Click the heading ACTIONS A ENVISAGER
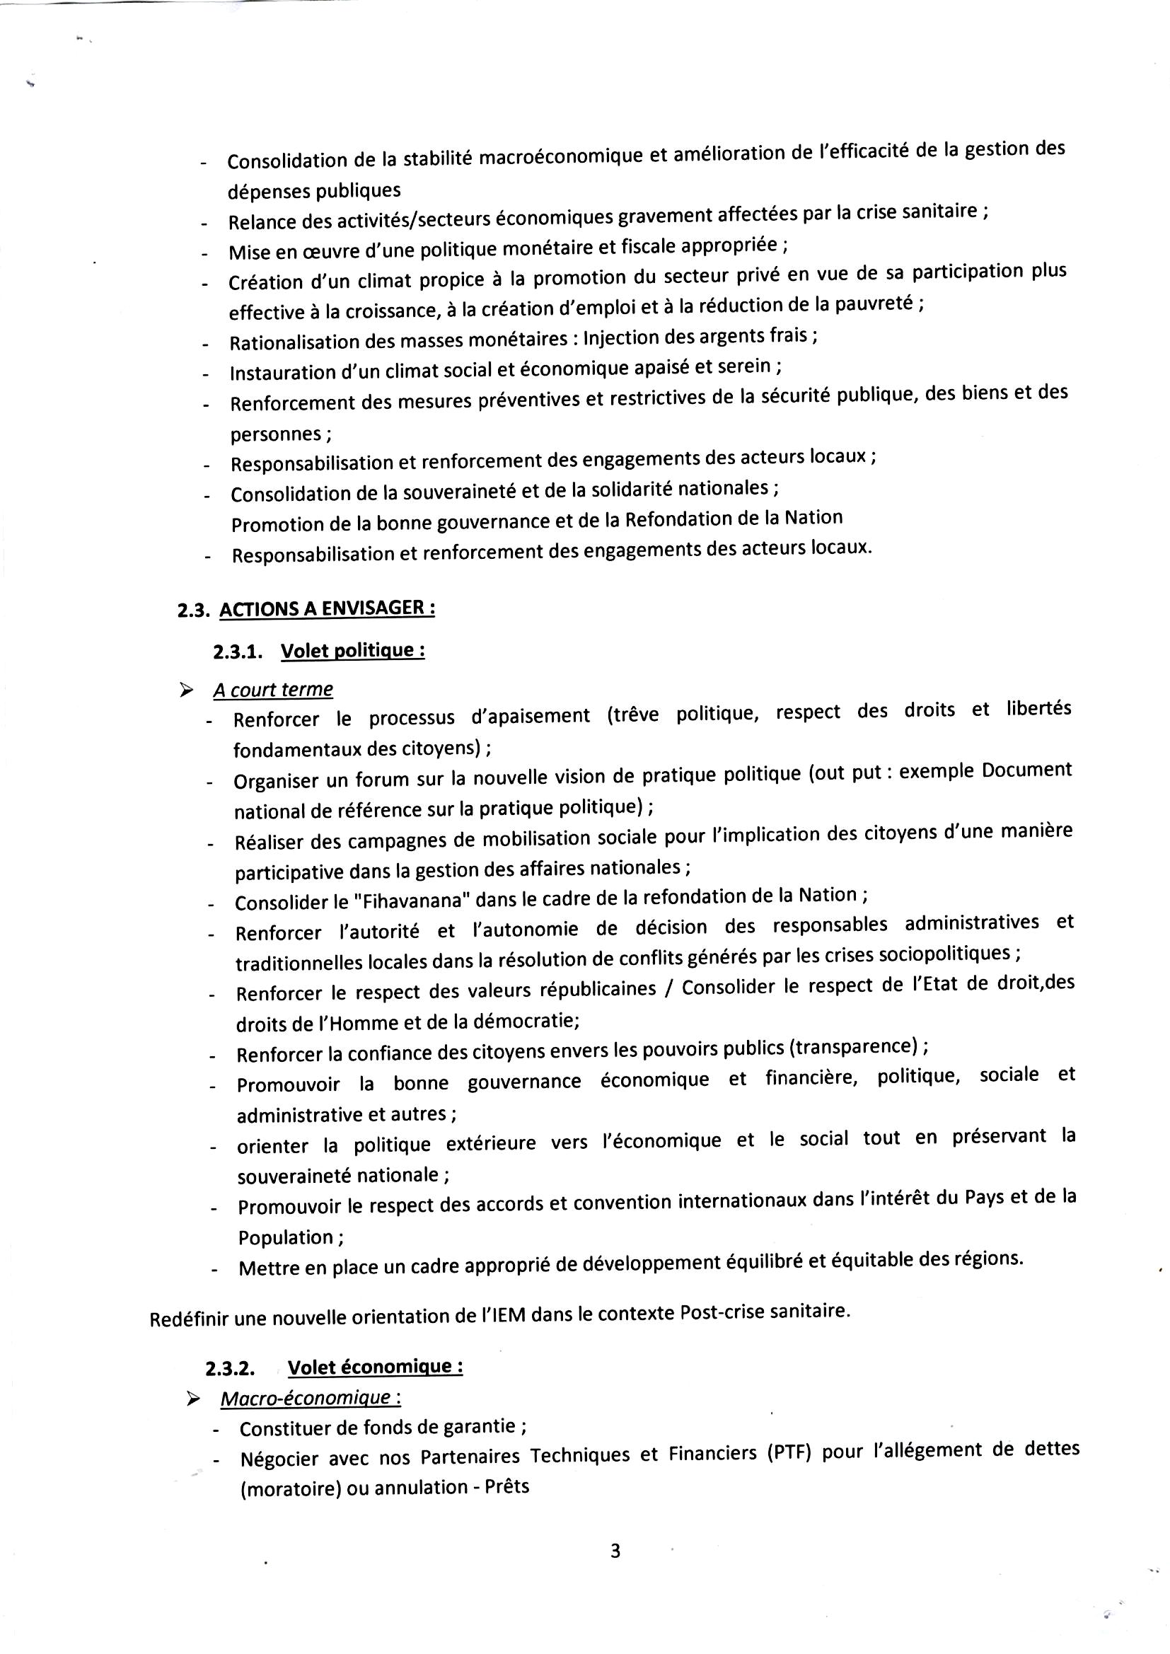click(326, 608)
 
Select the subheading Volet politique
click(352, 651)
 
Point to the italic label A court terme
click(272, 690)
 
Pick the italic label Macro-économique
click(310, 1399)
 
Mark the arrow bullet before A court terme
click(187, 691)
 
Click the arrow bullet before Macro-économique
click(193, 1399)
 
